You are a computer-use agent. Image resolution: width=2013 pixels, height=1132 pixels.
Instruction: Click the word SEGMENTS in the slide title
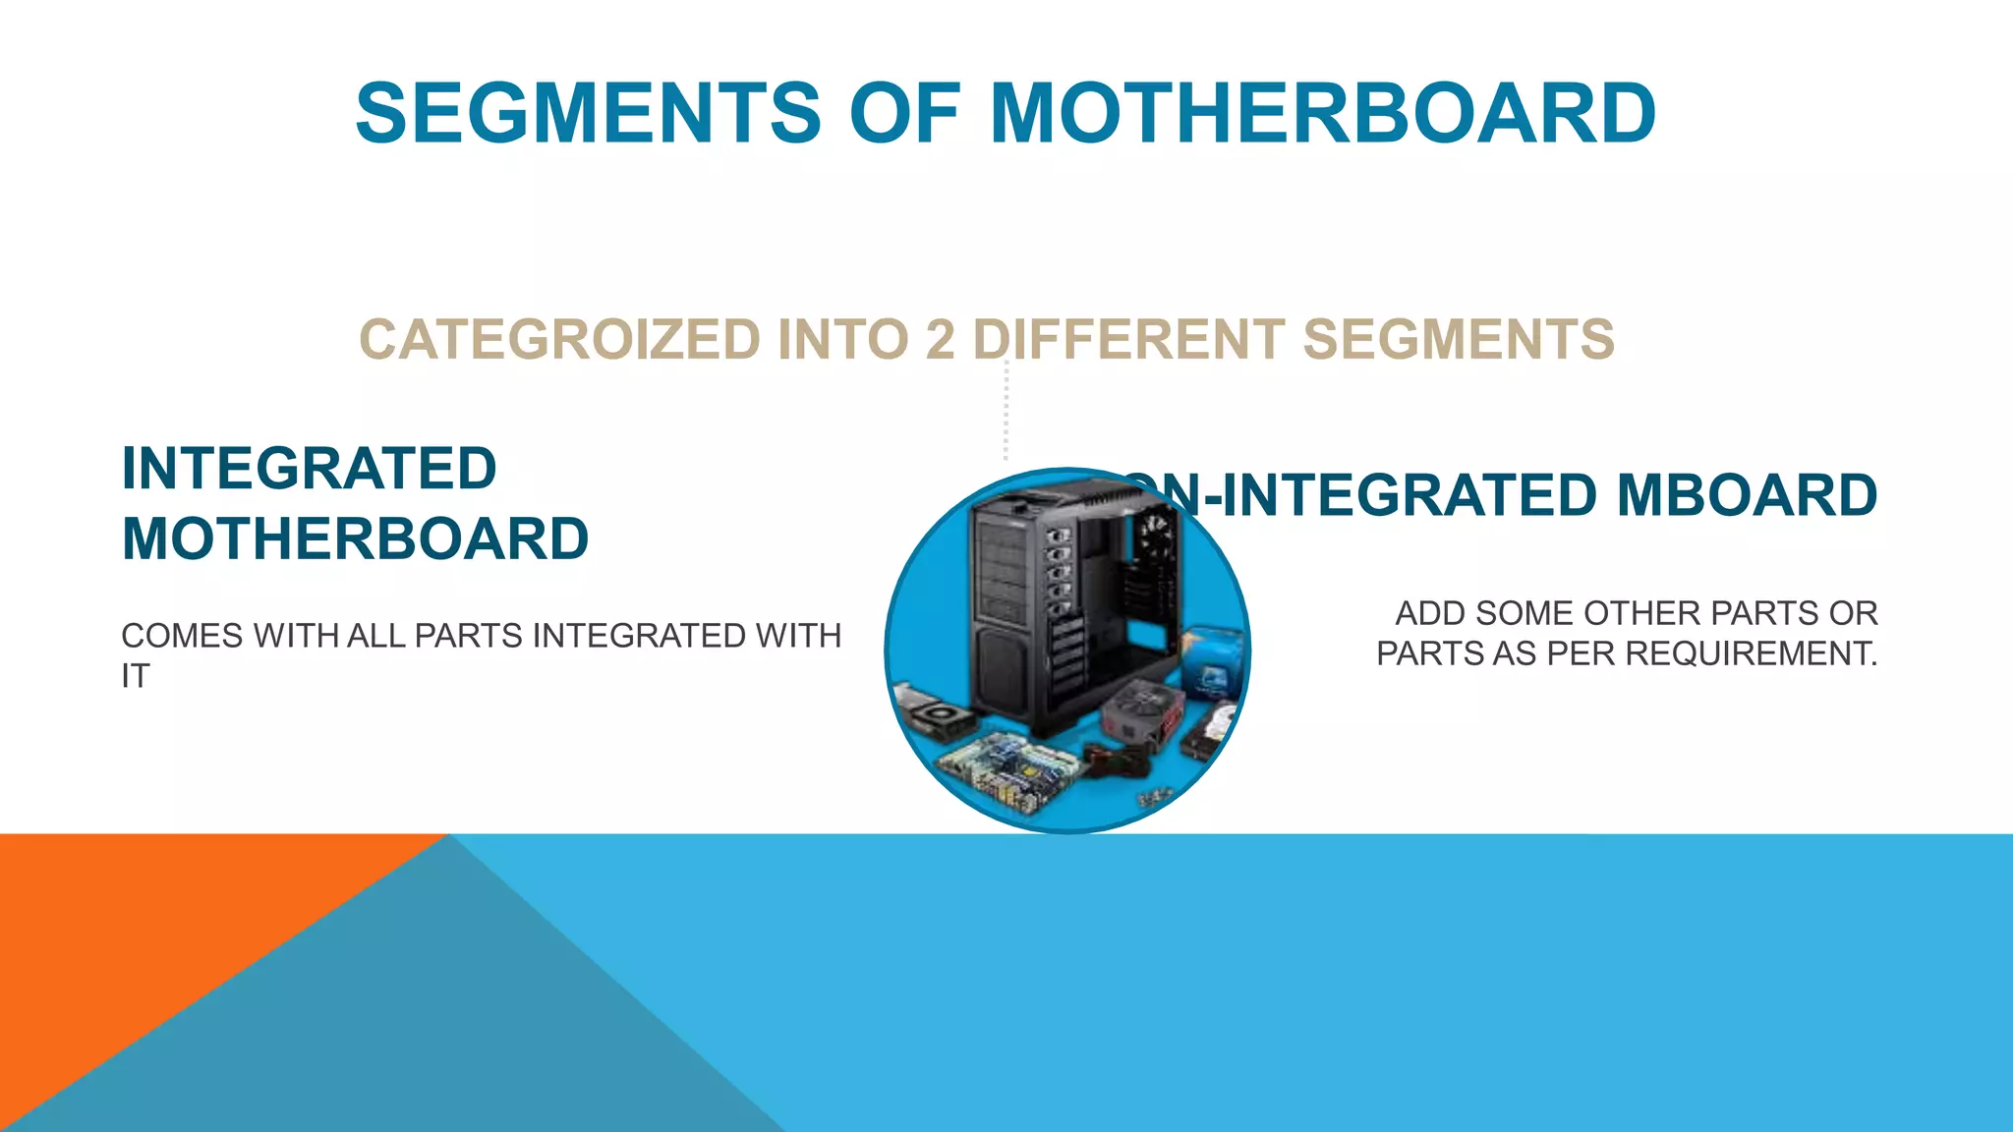point(588,113)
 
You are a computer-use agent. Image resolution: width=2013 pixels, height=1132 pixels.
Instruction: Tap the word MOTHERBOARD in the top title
point(1322,113)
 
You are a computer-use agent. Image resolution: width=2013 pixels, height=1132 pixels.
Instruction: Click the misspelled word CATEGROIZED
point(559,340)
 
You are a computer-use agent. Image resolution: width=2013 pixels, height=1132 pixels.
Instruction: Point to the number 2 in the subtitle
point(940,340)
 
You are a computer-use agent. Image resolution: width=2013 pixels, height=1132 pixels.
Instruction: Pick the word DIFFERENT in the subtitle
point(1128,340)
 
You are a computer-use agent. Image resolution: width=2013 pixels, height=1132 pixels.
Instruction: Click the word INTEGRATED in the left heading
point(309,469)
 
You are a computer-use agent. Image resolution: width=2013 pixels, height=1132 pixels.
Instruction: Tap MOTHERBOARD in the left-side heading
point(355,539)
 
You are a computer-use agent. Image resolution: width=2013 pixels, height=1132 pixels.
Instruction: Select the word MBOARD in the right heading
point(1747,495)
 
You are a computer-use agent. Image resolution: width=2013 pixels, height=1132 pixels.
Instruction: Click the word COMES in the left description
point(182,637)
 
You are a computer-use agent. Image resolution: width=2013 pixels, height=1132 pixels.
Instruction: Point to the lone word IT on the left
point(136,677)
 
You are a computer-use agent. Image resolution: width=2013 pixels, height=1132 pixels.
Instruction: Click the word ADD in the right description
point(1430,613)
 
